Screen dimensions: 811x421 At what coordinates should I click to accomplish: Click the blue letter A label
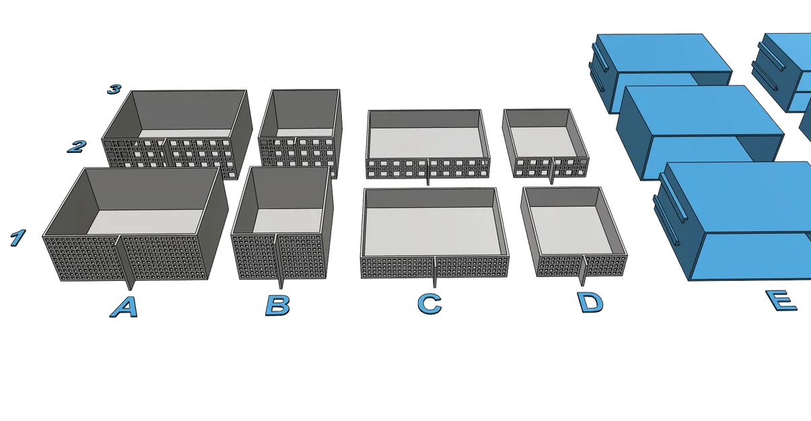coord(124,307)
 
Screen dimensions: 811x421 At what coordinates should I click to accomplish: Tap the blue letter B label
coord(278,305)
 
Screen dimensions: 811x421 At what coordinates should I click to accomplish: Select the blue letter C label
coord(429,304)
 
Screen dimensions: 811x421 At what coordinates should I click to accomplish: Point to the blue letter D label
coord(590,302)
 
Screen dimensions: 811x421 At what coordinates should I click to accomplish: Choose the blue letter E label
coord(781,300)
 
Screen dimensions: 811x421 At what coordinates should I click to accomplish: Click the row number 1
coord(17,238)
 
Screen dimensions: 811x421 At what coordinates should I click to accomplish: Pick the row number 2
coord(77,146)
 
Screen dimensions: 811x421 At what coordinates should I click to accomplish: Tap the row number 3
coord(114,89)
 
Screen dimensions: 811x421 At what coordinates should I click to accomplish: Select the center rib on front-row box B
coord(279,261)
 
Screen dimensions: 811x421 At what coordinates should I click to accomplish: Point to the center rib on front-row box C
coord(435,271)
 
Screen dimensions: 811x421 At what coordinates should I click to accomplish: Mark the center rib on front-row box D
coord(583,270)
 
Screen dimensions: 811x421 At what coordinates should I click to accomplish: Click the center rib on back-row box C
coord(428,172)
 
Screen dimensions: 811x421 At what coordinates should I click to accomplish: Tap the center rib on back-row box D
coord(552,171)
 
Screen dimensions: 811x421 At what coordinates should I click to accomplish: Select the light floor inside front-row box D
coord(571,229)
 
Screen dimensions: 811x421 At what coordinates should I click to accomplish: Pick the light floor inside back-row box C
coord(427,142)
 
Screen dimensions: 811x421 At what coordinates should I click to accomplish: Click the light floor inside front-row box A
coord(145,222)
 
